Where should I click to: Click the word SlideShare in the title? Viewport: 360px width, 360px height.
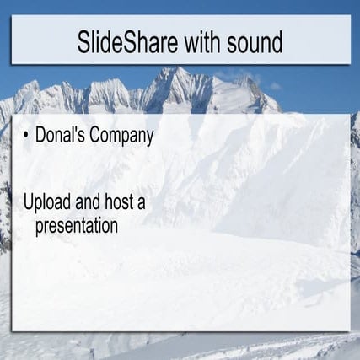127,42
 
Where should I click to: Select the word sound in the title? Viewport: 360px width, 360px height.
255,42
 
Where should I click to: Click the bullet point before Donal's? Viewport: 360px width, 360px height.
26,136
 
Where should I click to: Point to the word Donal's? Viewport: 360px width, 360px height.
60,135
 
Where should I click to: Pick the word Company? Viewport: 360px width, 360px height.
121,137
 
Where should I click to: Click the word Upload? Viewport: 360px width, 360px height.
47,201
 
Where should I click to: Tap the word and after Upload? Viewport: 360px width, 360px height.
88,201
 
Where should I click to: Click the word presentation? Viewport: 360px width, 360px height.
77,226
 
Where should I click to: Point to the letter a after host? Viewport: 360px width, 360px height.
142,204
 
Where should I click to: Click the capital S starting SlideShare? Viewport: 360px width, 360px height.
83,42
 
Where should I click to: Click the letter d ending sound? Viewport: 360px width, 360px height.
277,42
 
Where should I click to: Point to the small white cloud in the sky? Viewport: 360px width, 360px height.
275,86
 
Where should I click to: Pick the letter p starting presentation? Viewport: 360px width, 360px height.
40,228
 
